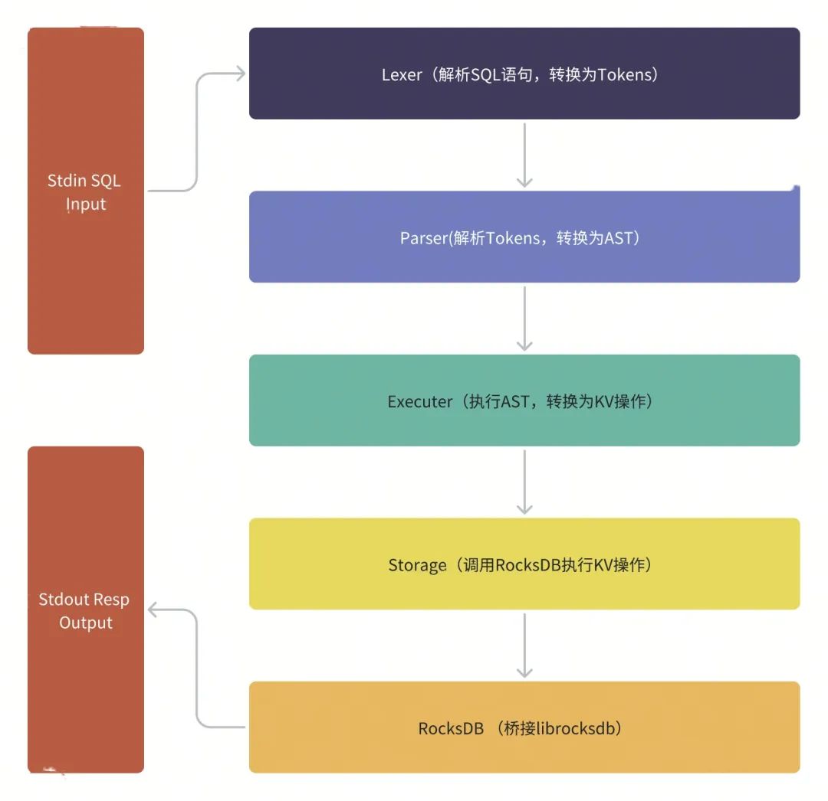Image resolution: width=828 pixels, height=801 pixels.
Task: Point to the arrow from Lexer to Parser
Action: coord(524,155)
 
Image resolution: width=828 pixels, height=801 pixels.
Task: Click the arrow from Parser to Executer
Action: coord(524,318)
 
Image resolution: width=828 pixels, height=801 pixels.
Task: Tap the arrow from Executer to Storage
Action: coord(524,482)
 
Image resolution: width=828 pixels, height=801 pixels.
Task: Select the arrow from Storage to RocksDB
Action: coord(524,645)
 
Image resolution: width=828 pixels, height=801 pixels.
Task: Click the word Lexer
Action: coord(402,75)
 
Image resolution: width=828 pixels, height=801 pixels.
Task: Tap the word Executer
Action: coord(420,401)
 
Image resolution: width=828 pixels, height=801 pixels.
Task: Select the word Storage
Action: coord(417,566)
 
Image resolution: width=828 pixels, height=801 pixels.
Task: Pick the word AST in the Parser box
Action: coord(619,238)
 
